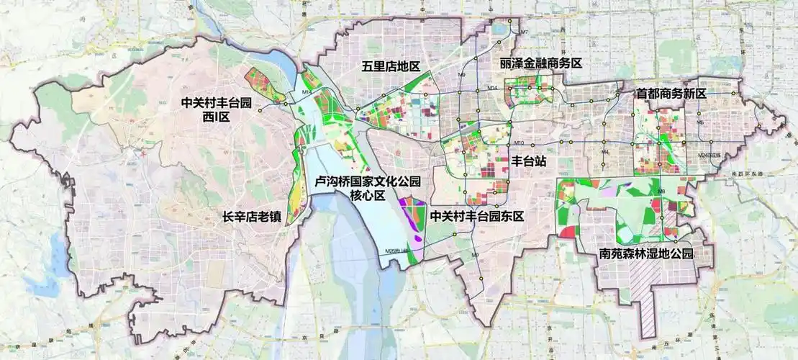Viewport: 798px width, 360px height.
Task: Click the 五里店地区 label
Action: (391, 66)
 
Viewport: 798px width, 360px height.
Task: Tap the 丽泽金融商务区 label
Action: (540, 63)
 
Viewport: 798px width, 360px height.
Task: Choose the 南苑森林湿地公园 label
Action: (646, 254)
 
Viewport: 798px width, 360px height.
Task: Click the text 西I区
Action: (215, 117)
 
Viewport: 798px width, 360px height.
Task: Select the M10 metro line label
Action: (520, 143)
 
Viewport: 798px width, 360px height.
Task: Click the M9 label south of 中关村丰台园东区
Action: (475, 256)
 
